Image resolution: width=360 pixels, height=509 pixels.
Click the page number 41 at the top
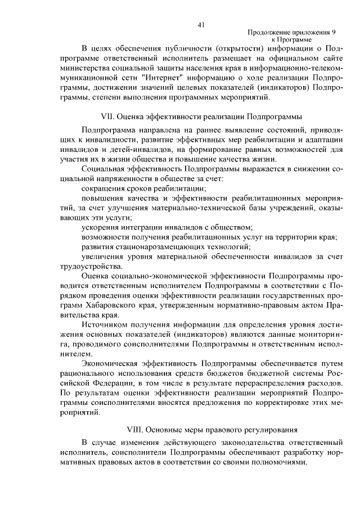pyautogui.click(x=201, y=24)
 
